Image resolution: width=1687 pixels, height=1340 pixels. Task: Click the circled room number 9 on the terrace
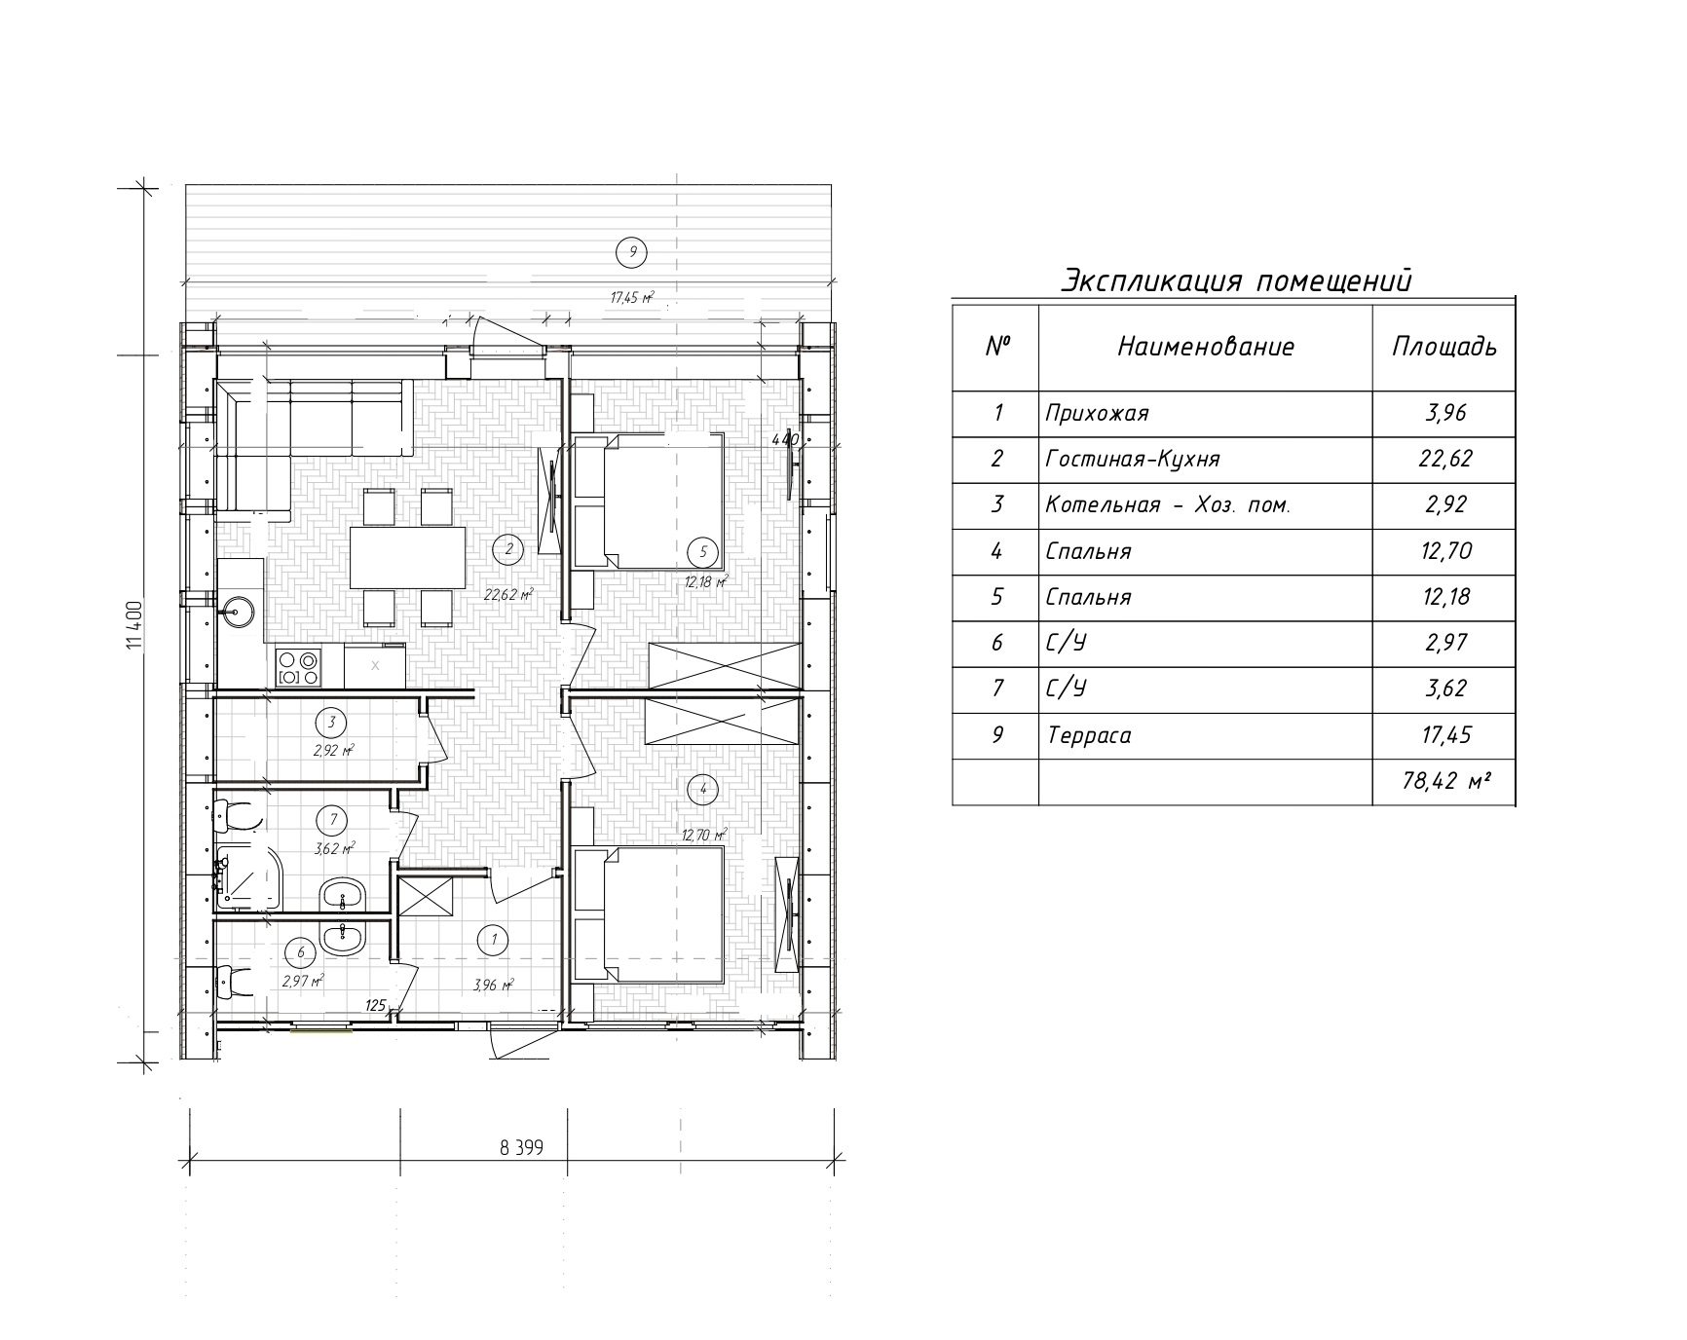click(632, 252)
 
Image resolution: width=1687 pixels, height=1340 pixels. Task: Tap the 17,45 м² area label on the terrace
click(631, 297)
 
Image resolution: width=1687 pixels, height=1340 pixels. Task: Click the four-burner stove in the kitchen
click(298, 666)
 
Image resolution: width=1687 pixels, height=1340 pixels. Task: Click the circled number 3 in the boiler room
click(332, 722)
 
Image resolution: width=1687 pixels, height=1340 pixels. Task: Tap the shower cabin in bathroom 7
click(247, 877)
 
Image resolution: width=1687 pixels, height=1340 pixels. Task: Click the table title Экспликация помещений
click(1235, 281)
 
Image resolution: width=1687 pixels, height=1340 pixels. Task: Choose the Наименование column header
click(1206, 347)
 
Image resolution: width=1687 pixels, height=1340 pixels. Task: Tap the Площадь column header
click(1443, 348)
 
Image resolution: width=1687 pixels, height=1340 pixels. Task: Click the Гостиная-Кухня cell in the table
click(1132, 459)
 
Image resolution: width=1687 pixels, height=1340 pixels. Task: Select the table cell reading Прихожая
click(1097, 413)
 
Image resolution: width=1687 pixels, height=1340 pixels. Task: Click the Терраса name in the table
click(1089, 735)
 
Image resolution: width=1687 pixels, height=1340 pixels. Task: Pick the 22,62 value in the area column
click(1445, 459)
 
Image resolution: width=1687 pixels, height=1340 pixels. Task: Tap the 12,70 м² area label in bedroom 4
click(705, 835)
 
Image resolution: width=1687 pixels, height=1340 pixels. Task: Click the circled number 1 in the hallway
click(494, 939)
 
